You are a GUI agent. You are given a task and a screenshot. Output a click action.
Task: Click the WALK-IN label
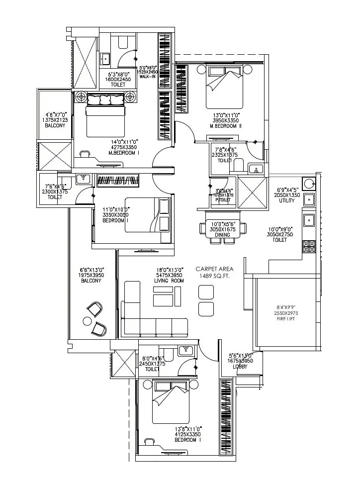tap(148, 77)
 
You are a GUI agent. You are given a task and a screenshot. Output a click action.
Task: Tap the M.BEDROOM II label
tap(225, 126)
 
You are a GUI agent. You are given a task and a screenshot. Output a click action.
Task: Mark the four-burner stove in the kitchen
tap(309, 245)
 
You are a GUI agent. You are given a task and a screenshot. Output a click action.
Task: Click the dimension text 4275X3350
tap(124, 147)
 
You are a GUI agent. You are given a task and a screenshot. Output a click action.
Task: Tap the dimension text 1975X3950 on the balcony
tap(91, 275)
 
